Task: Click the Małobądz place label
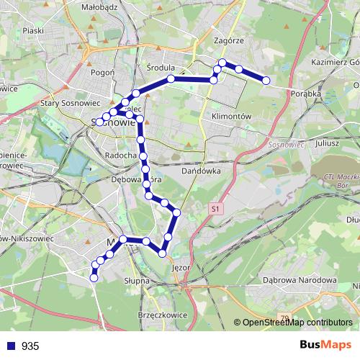coord(101,6)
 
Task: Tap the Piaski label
coord(34,31)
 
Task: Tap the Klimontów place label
coord(231,115)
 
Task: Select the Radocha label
coord(121,156)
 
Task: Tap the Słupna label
coord(137,280)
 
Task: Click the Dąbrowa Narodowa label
coord(300,280)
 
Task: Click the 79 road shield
coord(284,317)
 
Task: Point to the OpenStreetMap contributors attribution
coord(297,323)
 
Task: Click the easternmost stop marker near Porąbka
coord(266,81)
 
